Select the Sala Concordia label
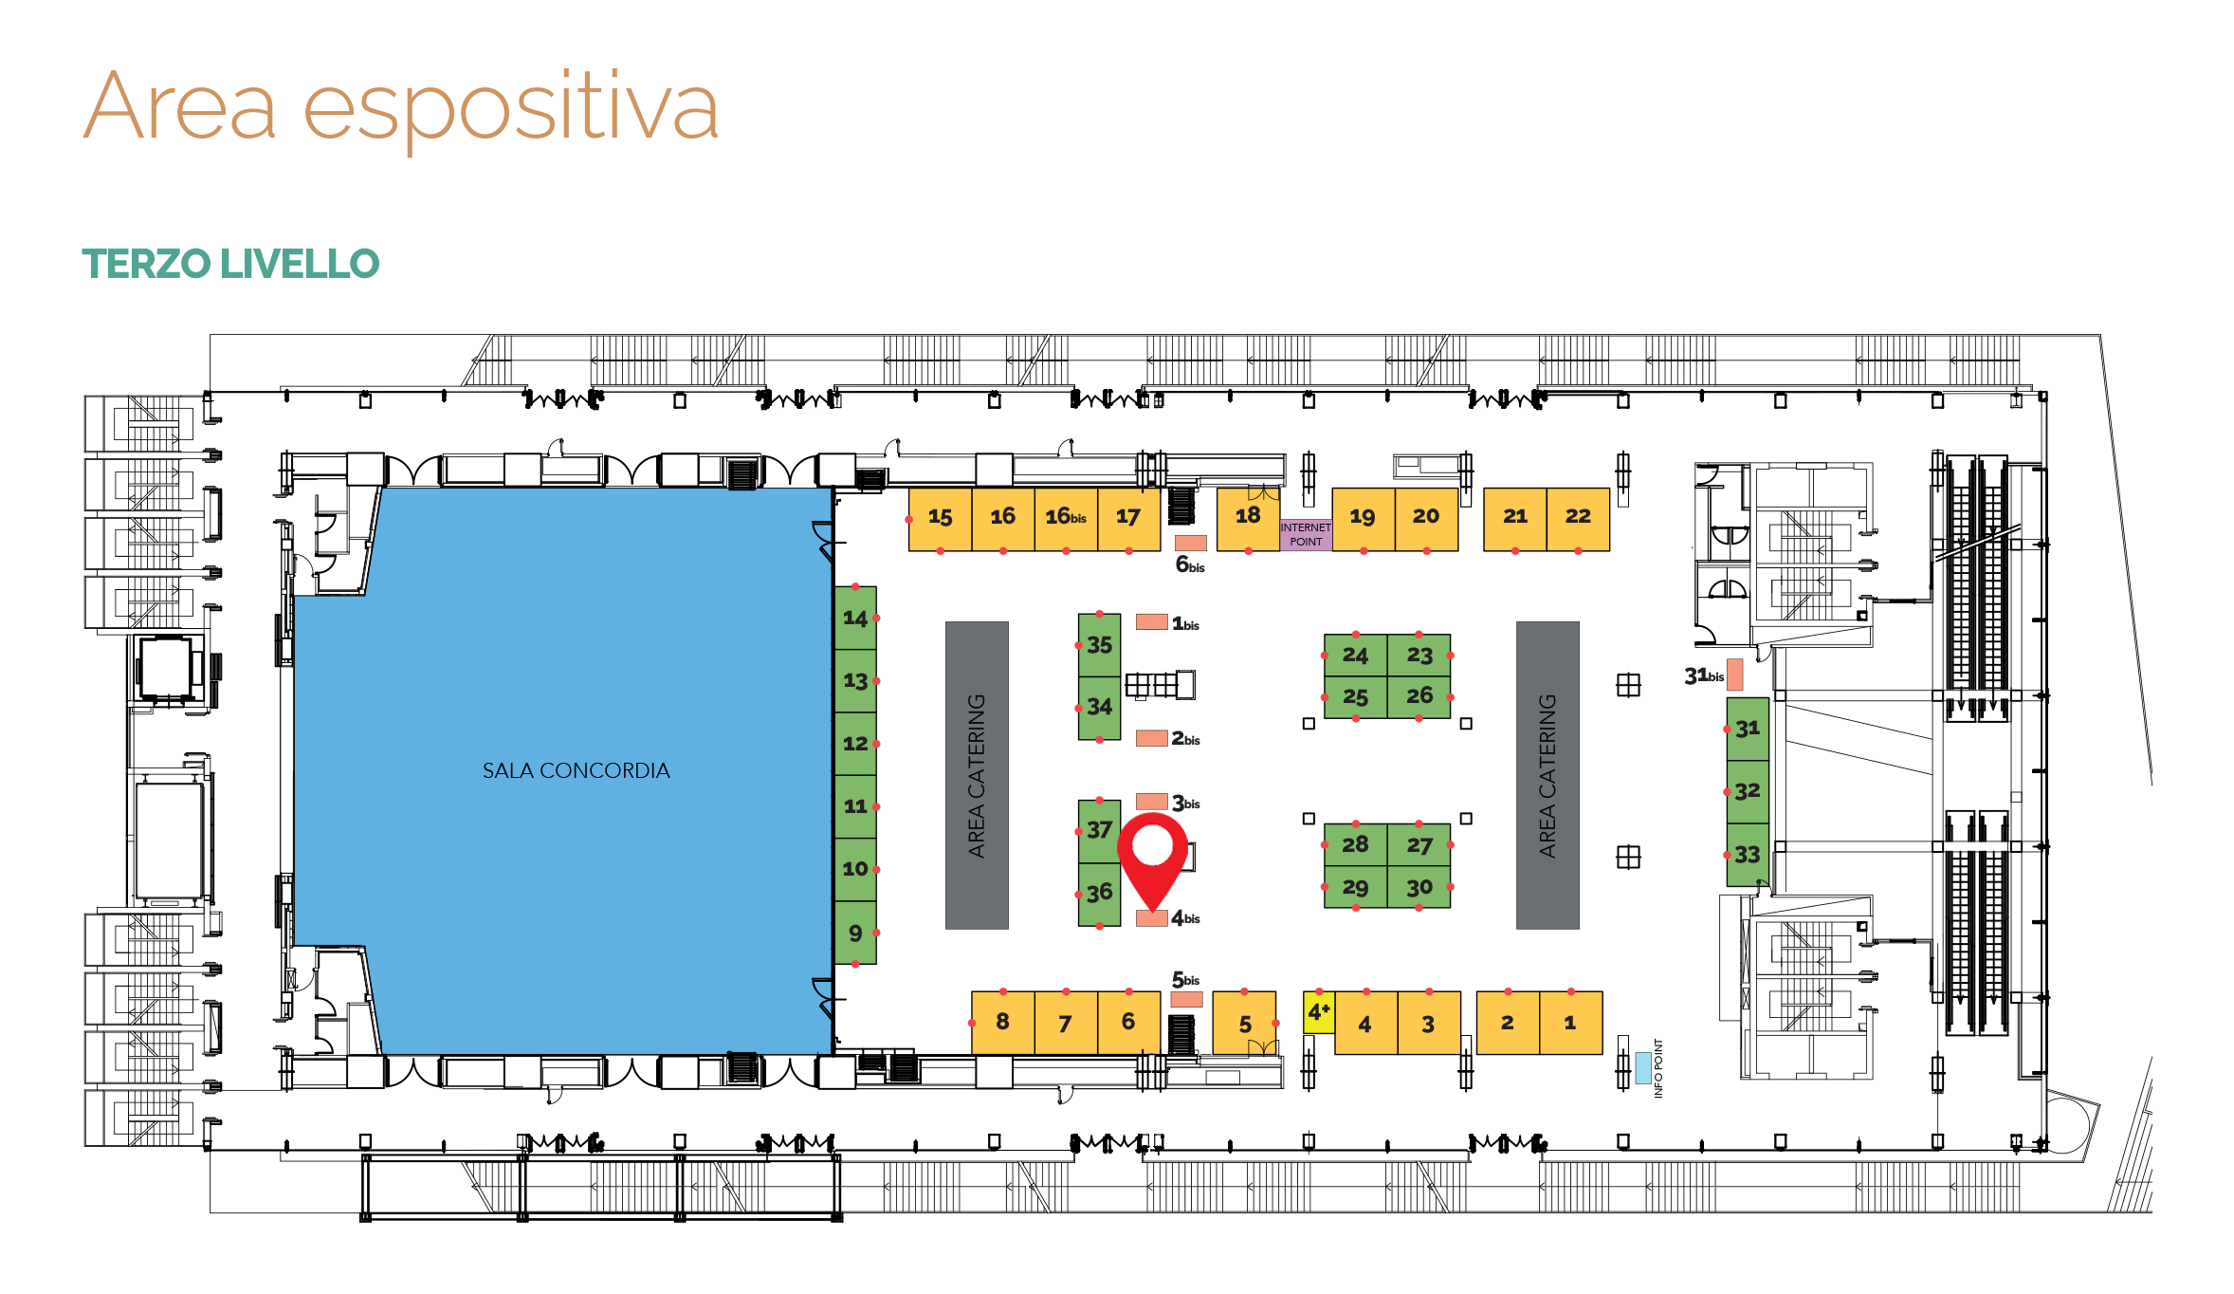pyautogui.click(x=576, y=770)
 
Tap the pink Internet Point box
pyautogui.click(x=1306, y=534)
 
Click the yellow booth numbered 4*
pyautogui.click(x=1319, y=1012)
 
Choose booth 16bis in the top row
pyautogui.click(x=1066, y=519)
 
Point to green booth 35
pyautogui.click(x=1099, y=645)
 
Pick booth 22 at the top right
pyautogui.click(x=1578, y=519)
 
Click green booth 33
pyautogui.click(x=1748, y=855)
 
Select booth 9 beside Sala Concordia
pyautogui.click(x=855, y=933)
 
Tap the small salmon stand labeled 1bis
pyautogui.click(x=1152, y=621)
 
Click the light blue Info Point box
pyautogui.click(x=1642, y=1067)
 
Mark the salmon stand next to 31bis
pyautogui.click(x=1734, y=675)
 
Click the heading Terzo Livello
pyautogui.click(x=230, y=264)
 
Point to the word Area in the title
pyautogui.click(x=180, y=106)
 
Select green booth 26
pyautogui.click(x=1419, y=696)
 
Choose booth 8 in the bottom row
pyautogui.click(x=1002, y=1023)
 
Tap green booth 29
pyautogui.click(x=1355, y=887)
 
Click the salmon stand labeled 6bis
pyautogui.click(x=1191, y=543)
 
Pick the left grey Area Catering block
pyautogui.click(x=977, y=775)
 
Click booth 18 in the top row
pyautogui.click(x=1248, y=519)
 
